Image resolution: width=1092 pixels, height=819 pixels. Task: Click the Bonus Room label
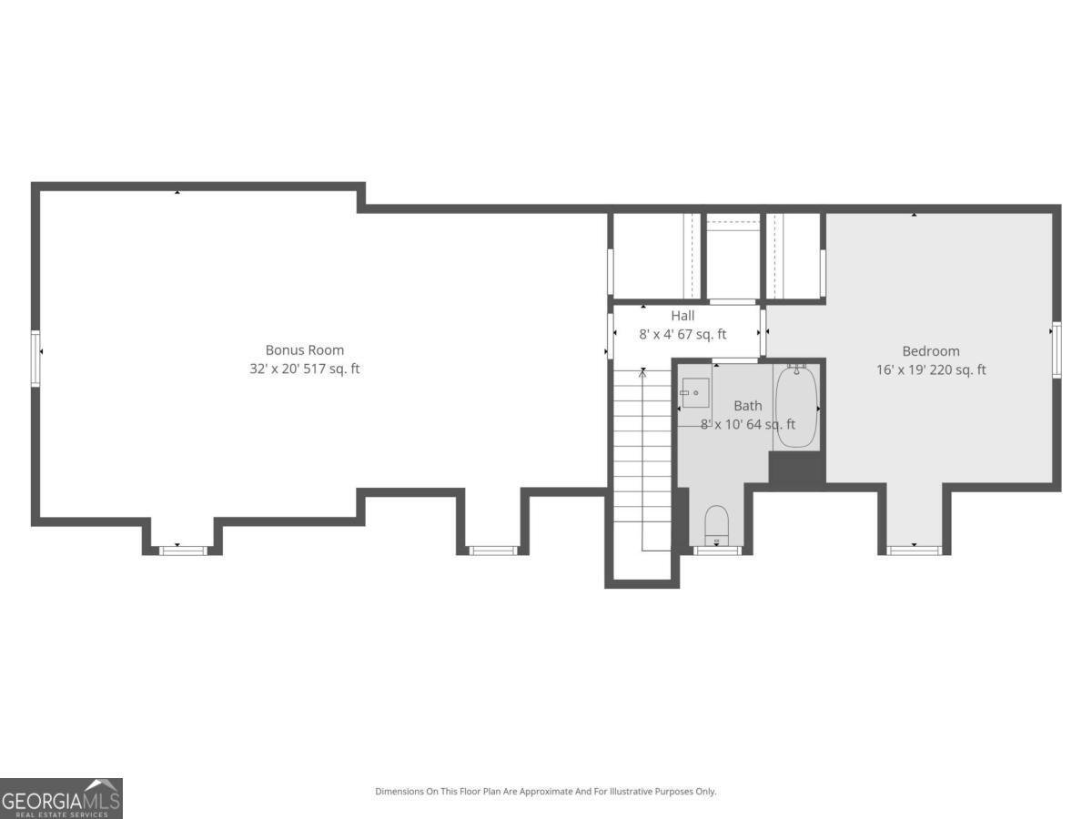304,349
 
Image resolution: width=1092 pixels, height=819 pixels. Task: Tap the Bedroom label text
930,350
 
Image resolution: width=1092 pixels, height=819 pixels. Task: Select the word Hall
682,316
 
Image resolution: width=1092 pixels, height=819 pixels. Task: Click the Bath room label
748,406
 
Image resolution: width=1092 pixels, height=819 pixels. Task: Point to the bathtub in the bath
796,408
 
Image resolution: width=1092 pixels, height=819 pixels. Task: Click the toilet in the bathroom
717,523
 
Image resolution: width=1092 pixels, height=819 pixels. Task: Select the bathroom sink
696,393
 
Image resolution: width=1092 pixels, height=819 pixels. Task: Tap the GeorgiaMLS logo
61,798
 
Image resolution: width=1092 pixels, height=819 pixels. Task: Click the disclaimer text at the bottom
546,792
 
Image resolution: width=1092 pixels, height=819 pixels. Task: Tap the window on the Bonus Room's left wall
35,359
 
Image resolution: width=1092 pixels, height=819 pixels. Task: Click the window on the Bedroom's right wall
1057,349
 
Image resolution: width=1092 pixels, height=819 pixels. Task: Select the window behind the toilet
718,550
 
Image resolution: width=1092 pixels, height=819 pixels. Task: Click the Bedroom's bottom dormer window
915,549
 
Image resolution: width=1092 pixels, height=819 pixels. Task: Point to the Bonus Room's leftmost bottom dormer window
183,550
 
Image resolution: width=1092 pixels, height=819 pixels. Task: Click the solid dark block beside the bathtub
796,468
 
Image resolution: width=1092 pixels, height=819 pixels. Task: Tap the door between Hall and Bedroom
763,334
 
